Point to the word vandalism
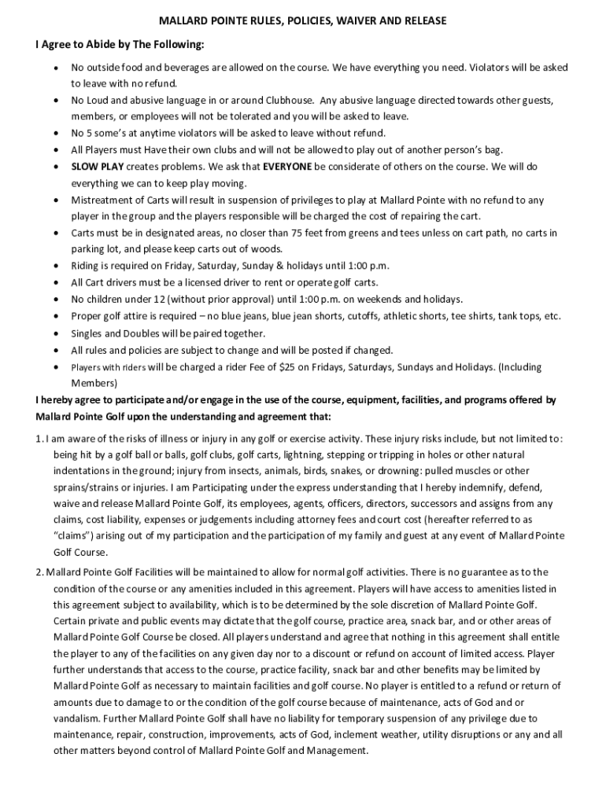(81, 719)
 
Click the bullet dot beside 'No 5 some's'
(57, 134)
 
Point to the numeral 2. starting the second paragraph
(39, 572)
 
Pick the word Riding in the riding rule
(87, 266)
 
